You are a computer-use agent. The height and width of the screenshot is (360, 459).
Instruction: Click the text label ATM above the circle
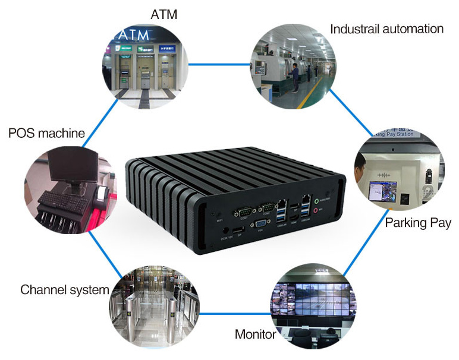pyautogui.click(x=164, y=14)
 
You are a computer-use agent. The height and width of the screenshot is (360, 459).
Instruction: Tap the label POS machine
pyautogui.click(x=46, y=132)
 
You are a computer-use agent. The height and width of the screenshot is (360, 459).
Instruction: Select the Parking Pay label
pyautogui.click(x=418, y=223)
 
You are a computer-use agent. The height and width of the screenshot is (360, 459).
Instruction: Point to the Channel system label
pyautogui.click(x=64, y=290)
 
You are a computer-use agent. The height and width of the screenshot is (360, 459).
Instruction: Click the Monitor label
pyautogui.click(x=255, y=334)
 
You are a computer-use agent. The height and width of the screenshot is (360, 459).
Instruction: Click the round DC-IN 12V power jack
pyautogui.click(x=224, y=228)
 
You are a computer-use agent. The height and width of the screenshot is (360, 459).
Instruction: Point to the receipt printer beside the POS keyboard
pyautogui.click(x=100, y=193)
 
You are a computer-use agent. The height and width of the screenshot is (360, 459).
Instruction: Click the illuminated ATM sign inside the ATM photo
pyautogui.click(x=134, y=35)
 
